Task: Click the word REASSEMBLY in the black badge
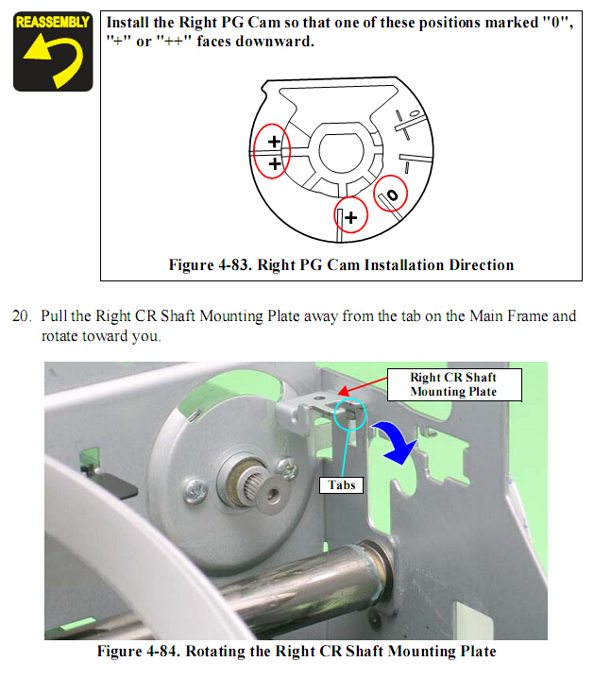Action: point(53,22)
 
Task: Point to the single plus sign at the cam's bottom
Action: point(351,217)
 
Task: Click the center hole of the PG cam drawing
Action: point(342,151)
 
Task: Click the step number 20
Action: point(21,316)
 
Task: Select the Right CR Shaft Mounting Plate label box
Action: point(454,385)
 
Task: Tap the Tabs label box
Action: point(341,484)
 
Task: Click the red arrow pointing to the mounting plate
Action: point(363,386)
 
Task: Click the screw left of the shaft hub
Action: point(195,492)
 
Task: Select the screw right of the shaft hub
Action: point(287,468)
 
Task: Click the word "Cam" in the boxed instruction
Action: point(263,23)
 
